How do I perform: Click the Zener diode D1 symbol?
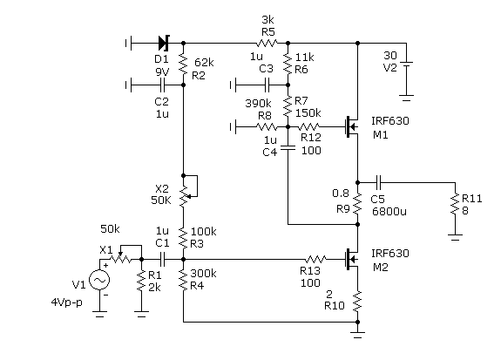click(x=164, y=43)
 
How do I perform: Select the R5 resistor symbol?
click(x=267, y=43)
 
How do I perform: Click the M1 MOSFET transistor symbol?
click(x=351, y=127)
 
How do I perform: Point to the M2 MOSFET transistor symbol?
click(x=351, y=259)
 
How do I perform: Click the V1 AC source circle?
click(x=99, y=281)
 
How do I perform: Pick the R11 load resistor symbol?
click(x=455, y=204)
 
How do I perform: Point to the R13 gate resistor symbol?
click(x=315, y=259)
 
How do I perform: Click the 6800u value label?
click(x=389, y=211)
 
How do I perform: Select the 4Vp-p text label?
click(x=67, y=302)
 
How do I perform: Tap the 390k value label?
click(x=258, y=103)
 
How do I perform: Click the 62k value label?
click(x=204, y=63)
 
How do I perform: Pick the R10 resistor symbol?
click(x=357, y=302)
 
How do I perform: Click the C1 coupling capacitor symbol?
click(x=162, y=259)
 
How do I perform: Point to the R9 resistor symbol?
click(x=357, y=204)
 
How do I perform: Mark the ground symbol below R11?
click(x=455, y=238)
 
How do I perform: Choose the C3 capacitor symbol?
click(x=267, y=85)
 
